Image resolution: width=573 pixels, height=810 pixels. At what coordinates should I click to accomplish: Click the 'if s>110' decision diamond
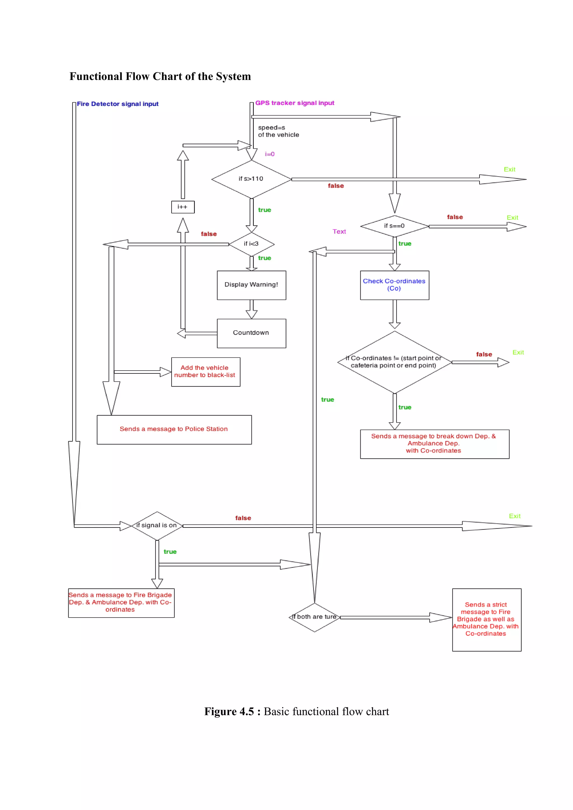coord(251,179)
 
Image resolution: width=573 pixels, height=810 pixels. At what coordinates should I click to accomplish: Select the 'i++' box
coord(183,207)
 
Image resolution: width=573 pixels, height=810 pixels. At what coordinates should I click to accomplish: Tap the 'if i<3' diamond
coord(251,244)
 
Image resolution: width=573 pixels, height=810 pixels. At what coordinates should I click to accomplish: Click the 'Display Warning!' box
coord(251,285)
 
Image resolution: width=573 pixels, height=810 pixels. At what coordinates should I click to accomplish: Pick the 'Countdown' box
coord(251,333)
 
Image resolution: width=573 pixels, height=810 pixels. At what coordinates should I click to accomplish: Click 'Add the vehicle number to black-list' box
coord(205,372)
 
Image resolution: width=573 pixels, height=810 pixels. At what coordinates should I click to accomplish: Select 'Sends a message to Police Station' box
coord(174,429)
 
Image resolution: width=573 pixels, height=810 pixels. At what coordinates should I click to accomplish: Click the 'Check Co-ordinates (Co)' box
coord(394,285)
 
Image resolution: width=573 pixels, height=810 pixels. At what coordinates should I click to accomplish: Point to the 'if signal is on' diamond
coord(157,525)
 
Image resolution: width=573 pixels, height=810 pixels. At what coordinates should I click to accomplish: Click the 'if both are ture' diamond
coord(314,617)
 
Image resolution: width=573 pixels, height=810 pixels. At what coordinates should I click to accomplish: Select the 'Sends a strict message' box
coord(486,620)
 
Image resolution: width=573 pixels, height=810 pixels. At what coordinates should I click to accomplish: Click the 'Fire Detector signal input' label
coord(118,104)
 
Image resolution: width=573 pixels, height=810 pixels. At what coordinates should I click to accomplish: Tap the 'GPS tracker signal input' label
coord(295,103)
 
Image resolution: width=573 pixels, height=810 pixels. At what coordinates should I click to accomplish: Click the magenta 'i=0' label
coord(269,154)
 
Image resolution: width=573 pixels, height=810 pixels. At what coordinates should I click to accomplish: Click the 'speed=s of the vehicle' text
coord(278,131)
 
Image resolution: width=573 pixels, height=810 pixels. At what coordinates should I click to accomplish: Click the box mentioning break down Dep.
coord(434,444)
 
